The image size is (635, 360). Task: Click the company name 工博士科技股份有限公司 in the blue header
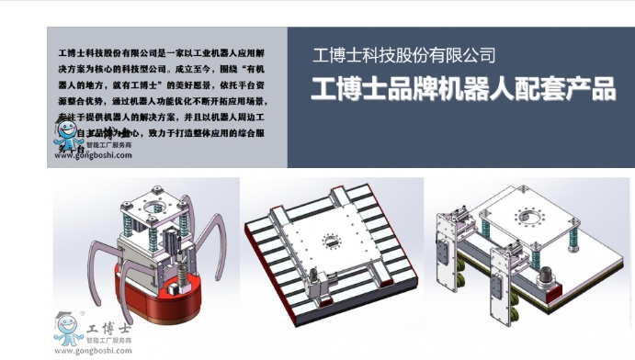point(404,56)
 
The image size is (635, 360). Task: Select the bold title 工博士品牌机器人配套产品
point(463,90)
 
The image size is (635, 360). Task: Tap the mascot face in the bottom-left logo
point(66,326)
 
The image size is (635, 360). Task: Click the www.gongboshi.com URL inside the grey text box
point(93,155)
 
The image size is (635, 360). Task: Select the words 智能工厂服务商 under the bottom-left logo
point(108,340)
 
